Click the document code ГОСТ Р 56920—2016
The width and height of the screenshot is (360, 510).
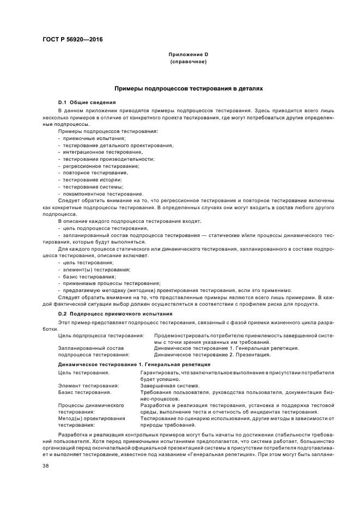(x=72, y=40)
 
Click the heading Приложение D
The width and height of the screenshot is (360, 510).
(x=189, y=55)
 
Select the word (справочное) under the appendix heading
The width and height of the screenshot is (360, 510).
(x=189, y=62)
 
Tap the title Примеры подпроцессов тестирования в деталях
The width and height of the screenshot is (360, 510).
(x=188, y=88)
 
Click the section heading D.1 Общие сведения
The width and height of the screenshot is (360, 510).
(x=87, y=102)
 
